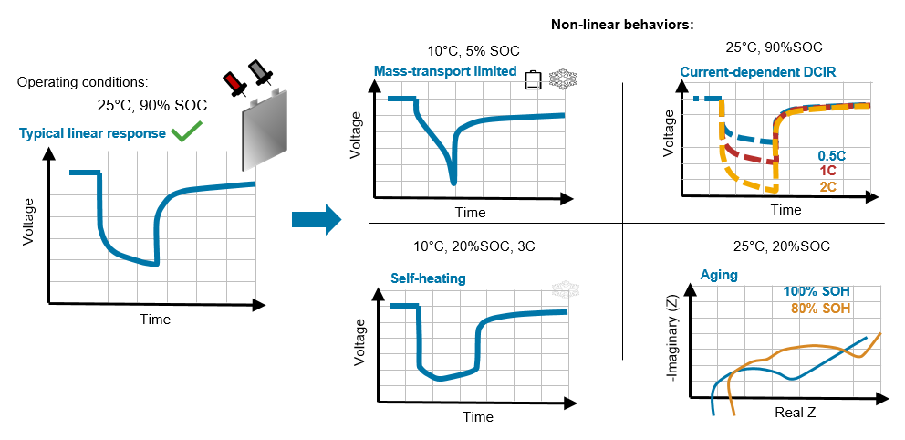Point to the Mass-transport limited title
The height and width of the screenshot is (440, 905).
[445, 71]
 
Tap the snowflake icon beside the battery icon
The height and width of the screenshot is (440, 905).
[557, 79]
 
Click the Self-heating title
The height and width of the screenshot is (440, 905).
[429, 278]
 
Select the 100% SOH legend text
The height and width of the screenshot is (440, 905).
[817, 291]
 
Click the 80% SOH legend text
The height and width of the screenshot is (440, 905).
[820, 309]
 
